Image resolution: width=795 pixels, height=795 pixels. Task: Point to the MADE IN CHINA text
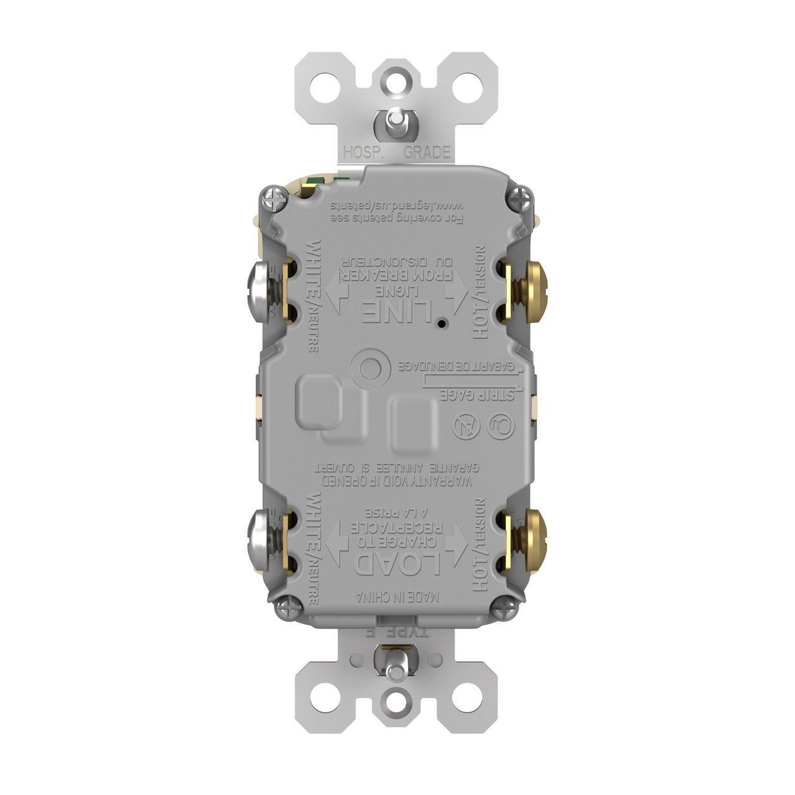(x=398, y=597)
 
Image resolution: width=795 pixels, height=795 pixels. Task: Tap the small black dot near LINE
(x=440, y=324)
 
